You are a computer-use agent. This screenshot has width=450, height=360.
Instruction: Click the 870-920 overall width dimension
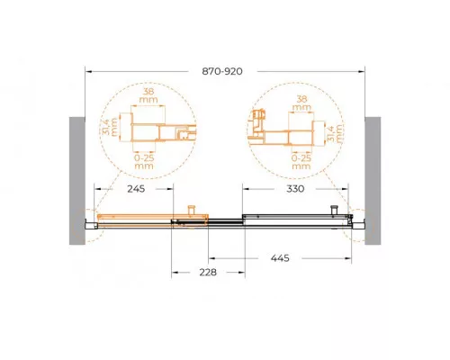point(222,71)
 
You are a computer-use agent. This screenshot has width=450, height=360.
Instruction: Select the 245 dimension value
point(136,189)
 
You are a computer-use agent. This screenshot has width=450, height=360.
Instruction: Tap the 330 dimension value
point(295,189)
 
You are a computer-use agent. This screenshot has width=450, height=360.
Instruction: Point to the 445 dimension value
point(280,258)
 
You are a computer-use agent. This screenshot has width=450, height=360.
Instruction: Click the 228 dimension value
point(208,272)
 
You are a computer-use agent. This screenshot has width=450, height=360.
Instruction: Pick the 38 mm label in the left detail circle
point(148,95)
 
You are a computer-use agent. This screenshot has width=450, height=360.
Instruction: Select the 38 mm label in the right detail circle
point(301,103)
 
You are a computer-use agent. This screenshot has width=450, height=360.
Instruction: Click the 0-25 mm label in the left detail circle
point(144,162)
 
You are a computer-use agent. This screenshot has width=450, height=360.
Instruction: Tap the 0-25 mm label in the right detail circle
point(301,162)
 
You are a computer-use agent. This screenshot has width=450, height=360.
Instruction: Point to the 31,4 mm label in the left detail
point(110,127)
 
